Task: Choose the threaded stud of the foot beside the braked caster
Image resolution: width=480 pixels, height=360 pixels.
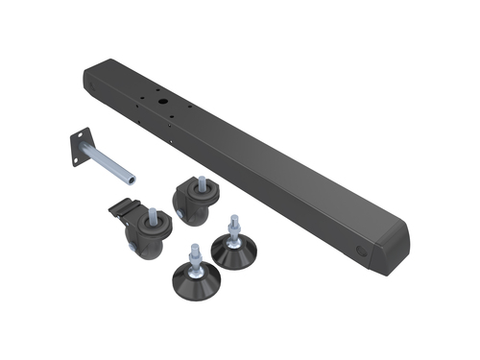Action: [194, 254]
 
